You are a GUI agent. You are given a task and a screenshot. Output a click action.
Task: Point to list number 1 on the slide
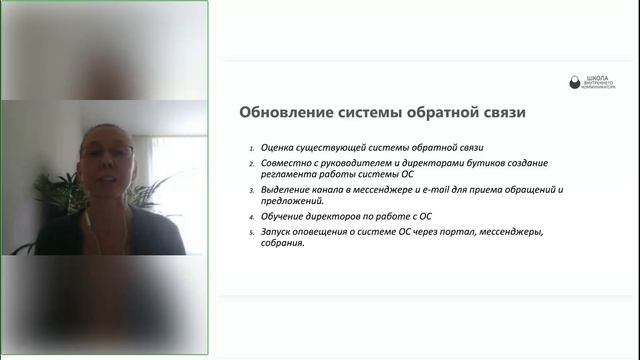click(x=252, y=149)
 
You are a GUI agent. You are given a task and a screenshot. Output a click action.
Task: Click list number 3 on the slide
click(x=252, y=188)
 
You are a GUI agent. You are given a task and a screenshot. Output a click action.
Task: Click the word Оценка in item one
click(x=277, y=148)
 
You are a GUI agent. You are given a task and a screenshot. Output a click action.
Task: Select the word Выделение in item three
click(x=286, y=188)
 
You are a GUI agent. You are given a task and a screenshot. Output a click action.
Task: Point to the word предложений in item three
click(x=293, y=200)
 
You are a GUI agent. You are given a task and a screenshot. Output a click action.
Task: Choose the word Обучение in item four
click(x=283, y=214)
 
